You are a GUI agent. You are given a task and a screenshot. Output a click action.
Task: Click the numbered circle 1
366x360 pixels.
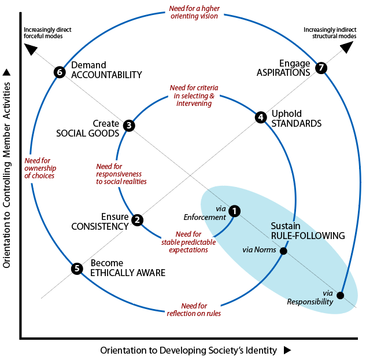tap(234, 211)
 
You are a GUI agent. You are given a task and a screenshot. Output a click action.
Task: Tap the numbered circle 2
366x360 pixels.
tap(137, 220)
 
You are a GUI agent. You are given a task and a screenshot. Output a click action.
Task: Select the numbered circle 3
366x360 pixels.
tap(129, 126)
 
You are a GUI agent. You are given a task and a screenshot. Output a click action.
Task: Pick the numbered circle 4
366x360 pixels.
tap(261, 117)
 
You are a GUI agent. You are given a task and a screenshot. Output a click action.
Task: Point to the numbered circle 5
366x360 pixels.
tap(77, 269)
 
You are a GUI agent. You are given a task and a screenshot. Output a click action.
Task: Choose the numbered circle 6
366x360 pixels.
tap(60, 72)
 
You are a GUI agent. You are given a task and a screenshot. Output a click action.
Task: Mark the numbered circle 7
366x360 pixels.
tap(321, 68)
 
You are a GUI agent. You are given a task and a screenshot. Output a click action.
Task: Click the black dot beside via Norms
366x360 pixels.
tap(283, 251)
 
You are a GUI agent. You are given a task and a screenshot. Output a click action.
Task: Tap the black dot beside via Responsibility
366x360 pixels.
tap(341, 295)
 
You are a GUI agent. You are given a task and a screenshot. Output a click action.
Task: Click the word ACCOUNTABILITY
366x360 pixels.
tap(106, 75)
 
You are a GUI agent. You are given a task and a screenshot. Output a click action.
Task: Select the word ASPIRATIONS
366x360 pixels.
tap(283, 72)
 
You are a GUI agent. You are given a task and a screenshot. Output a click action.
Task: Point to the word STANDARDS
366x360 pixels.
tap(297, 123)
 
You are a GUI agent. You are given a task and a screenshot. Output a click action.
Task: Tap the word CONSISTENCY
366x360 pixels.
tap(100, 226)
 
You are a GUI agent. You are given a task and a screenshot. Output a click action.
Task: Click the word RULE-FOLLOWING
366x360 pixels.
tap(308, 236)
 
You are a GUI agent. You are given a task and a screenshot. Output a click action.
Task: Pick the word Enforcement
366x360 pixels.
tap(205, 217)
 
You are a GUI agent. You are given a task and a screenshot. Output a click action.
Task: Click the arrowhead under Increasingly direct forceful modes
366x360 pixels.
tap(31, 49)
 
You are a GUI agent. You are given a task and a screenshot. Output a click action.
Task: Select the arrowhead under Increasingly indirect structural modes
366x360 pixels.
tap(347, 47)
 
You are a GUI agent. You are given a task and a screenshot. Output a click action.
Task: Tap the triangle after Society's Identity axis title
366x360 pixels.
tap(287, 350)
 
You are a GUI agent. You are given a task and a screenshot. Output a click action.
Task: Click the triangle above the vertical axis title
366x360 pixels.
tap(6, 72)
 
